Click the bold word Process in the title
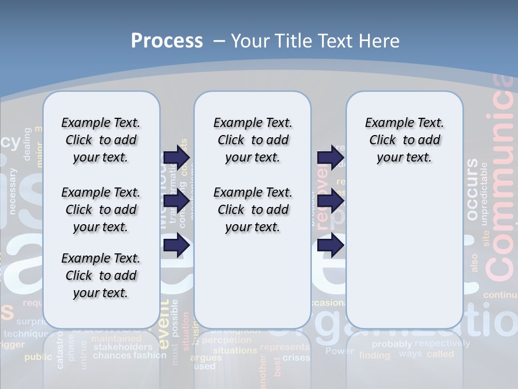click(x=167, y=41)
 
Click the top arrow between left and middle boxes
click(x=176, y=157)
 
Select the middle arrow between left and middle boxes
click(x=176, y=202)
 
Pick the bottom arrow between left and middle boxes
click(x=176, y=245)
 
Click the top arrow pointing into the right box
click(x=330, y=157)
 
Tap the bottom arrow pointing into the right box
click(x=330, y=245)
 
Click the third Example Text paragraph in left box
click(x=100, y=276)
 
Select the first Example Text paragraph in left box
click(x=100, y=140)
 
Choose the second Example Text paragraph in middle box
click(x=253, y=210)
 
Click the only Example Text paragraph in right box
click(x=404, y=140)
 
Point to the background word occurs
click(x=472, y=189)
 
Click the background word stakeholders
click(x=122, y=347)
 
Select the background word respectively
click(x=442, y=343)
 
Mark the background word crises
click(x=296, y=358)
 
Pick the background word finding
click(x=374, y=355)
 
